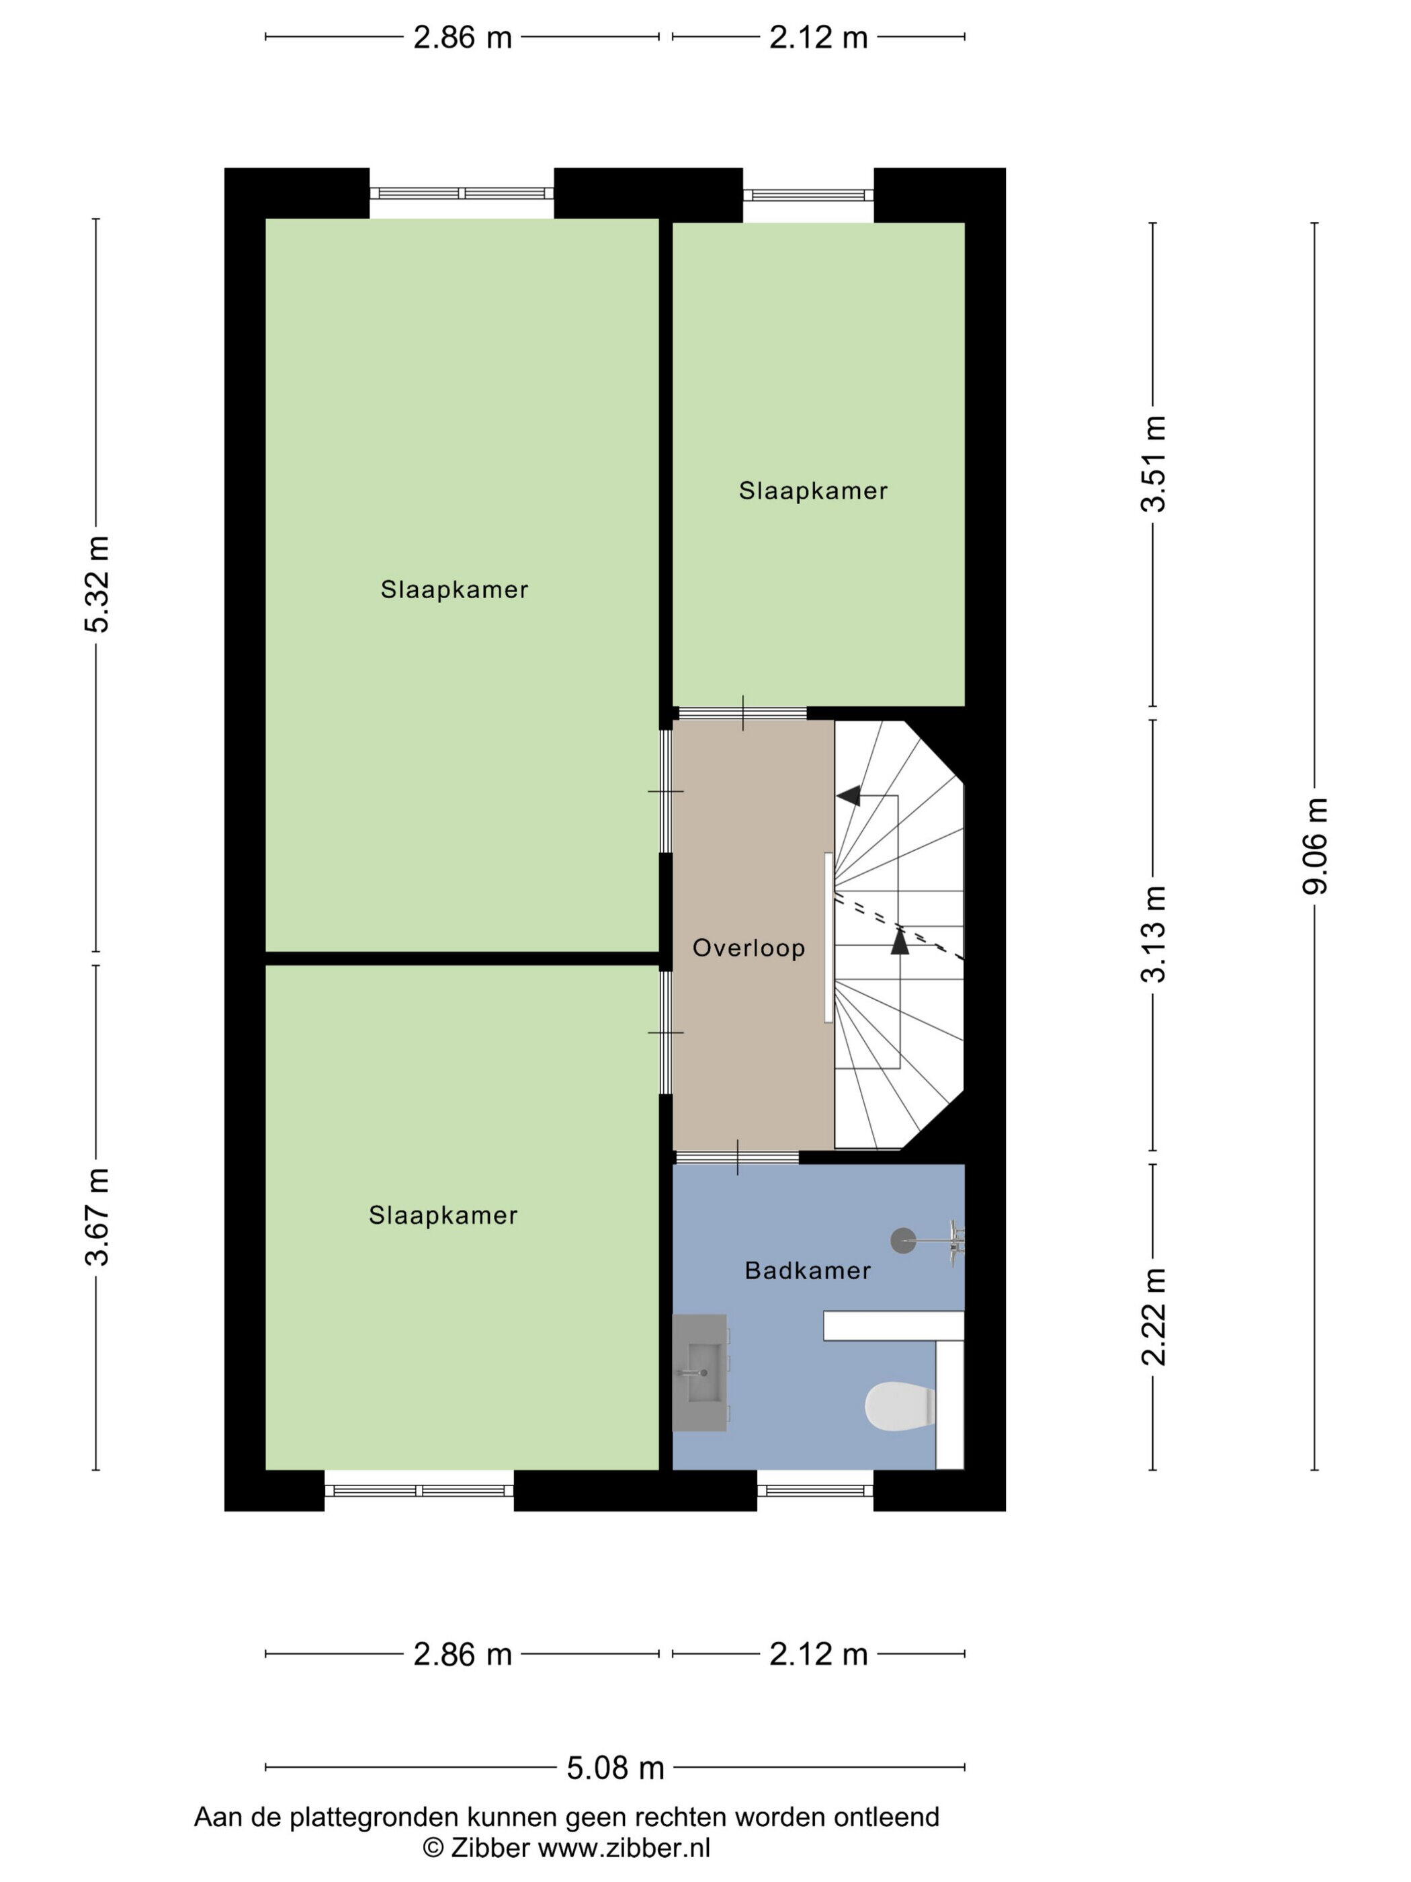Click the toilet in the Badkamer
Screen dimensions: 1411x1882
point(899,1405)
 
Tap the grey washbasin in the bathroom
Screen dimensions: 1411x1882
point(700,1373)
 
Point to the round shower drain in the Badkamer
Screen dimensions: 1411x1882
point(903,1241)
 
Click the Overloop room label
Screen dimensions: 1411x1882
point(749,948)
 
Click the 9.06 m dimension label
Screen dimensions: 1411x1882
point(1315,846)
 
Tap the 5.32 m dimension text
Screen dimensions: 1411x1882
point(97,585)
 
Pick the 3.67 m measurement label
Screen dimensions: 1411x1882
point(97,1217)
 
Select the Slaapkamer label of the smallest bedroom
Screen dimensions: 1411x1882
point(813,490)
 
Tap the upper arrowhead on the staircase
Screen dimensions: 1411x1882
point(848,796)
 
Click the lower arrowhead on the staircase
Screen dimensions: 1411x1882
point(900,940)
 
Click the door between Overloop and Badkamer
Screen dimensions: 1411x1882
point(737,1157)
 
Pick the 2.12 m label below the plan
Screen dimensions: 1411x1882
point(818,1654)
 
